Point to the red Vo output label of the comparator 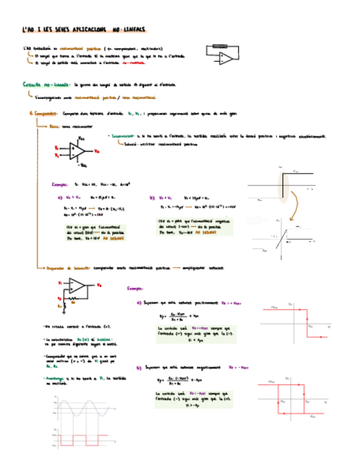point(97,151)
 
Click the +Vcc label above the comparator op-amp point(81,138)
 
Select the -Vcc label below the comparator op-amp point(83,165)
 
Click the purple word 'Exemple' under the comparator point(59,185)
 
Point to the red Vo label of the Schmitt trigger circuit point(98,286)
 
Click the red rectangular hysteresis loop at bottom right point(290,399)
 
